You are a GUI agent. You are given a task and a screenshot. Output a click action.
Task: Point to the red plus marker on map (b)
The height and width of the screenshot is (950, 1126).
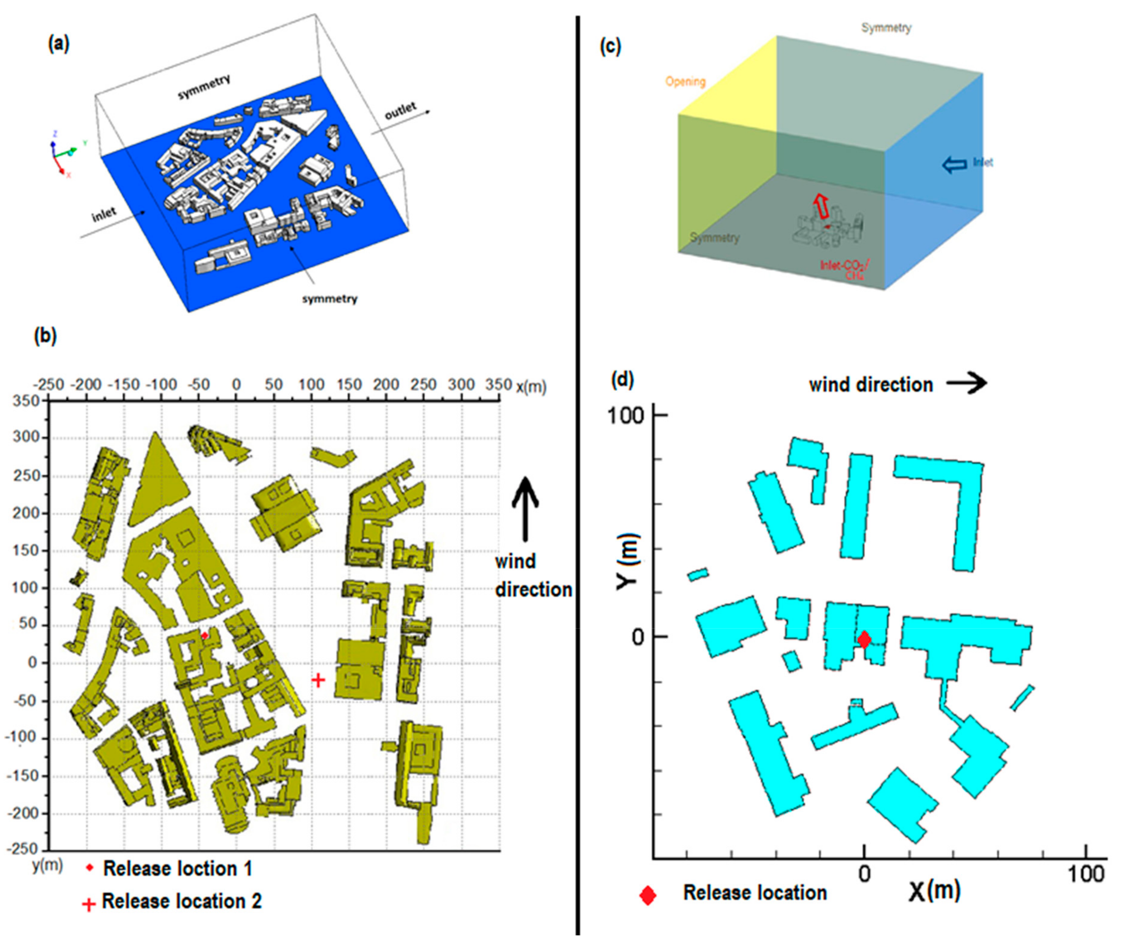pos(318,680)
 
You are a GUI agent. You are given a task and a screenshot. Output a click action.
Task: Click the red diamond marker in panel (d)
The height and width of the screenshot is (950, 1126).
pos(864,639)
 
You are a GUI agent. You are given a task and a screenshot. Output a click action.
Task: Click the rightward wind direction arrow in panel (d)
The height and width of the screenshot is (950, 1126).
pos(967,384)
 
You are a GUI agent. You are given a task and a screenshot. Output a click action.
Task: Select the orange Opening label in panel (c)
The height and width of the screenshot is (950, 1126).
pos(685,82)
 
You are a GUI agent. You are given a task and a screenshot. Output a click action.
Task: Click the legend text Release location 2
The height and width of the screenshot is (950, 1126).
pos(181,901)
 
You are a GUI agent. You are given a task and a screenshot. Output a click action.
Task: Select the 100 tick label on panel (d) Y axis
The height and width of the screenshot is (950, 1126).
pos(626,416)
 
